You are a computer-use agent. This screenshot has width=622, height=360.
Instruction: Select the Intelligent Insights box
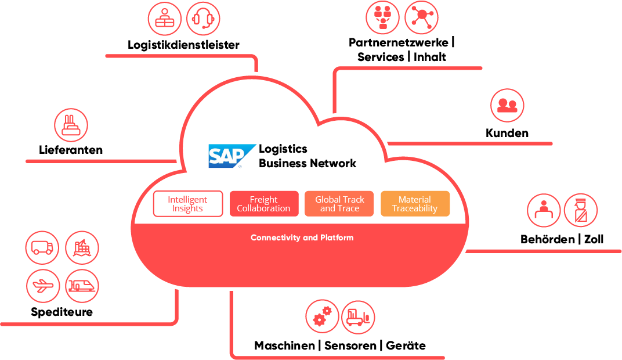tap(187, 204)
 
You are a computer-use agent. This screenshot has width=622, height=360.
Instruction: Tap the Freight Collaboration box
tap(264, 204)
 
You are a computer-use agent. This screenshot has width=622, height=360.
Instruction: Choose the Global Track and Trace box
tap(339, 204)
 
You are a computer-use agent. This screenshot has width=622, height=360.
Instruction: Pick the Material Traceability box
tap(415, 204)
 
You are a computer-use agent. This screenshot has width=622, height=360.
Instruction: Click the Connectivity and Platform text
tap(302, 237)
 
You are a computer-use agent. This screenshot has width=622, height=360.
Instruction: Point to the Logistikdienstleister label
tap(183, 45)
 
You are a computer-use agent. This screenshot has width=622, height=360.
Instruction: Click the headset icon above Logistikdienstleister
tap(203, 19)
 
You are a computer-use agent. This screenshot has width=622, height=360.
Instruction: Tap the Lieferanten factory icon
tap(71, 125)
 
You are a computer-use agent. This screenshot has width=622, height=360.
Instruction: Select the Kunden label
tap(507, 133)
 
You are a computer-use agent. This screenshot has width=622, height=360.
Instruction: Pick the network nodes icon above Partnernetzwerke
tap(421, 17)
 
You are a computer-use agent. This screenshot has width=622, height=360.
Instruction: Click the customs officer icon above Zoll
tap(580, 210)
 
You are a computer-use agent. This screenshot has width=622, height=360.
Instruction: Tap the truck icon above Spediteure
tap(42, 248)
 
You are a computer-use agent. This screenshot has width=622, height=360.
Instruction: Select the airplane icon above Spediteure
tap(43, 286)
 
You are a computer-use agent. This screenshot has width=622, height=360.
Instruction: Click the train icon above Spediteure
tap(82, 286)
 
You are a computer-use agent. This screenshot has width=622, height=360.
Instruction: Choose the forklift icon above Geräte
tap(358, 316)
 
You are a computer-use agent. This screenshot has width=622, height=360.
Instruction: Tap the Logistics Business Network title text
tap(307, 156)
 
